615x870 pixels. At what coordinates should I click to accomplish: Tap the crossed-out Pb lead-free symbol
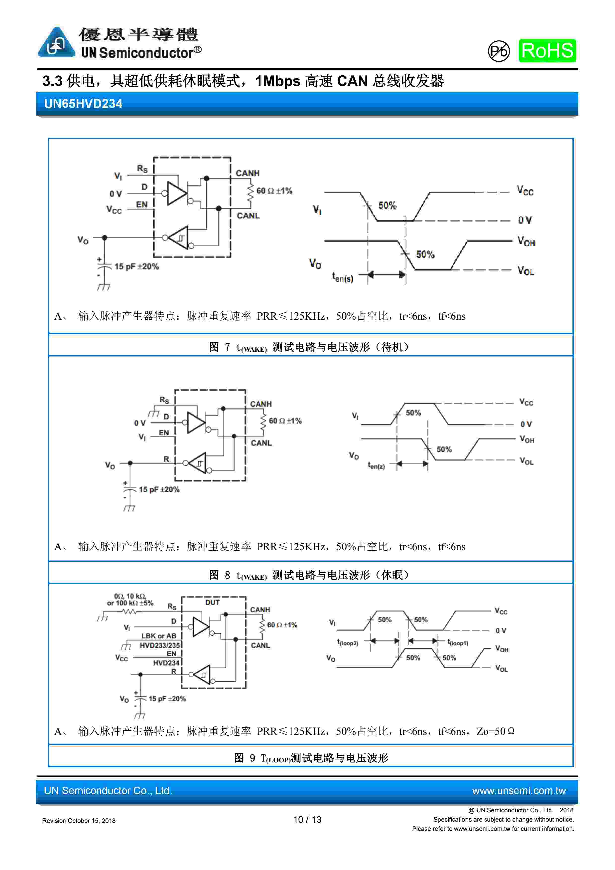(x=498, y=51)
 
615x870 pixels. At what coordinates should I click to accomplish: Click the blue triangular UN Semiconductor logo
(x=56, y=43)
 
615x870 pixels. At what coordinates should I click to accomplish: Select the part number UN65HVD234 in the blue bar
(x=83, y=104)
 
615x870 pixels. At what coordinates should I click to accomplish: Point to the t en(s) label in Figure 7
(x=342, y=277)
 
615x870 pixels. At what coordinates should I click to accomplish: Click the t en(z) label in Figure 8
(x=376, y=465)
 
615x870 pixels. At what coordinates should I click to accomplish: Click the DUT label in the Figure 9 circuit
(x=212, y=603)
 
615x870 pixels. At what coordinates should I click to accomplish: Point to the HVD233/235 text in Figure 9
(x=160, y=645)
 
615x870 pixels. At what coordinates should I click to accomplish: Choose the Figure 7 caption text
(x=309, y=347)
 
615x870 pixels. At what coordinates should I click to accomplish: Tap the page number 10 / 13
(x=307, y=820)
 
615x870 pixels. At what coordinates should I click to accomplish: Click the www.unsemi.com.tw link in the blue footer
(x=518, y=791)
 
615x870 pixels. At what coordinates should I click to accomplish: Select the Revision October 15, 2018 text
(x=79, y=821)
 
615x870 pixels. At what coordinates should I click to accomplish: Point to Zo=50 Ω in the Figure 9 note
(x=495, y=731)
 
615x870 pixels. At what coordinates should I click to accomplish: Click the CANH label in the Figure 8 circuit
(x=260, y=404)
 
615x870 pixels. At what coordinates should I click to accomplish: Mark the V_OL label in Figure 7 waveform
(x=526, y=271)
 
